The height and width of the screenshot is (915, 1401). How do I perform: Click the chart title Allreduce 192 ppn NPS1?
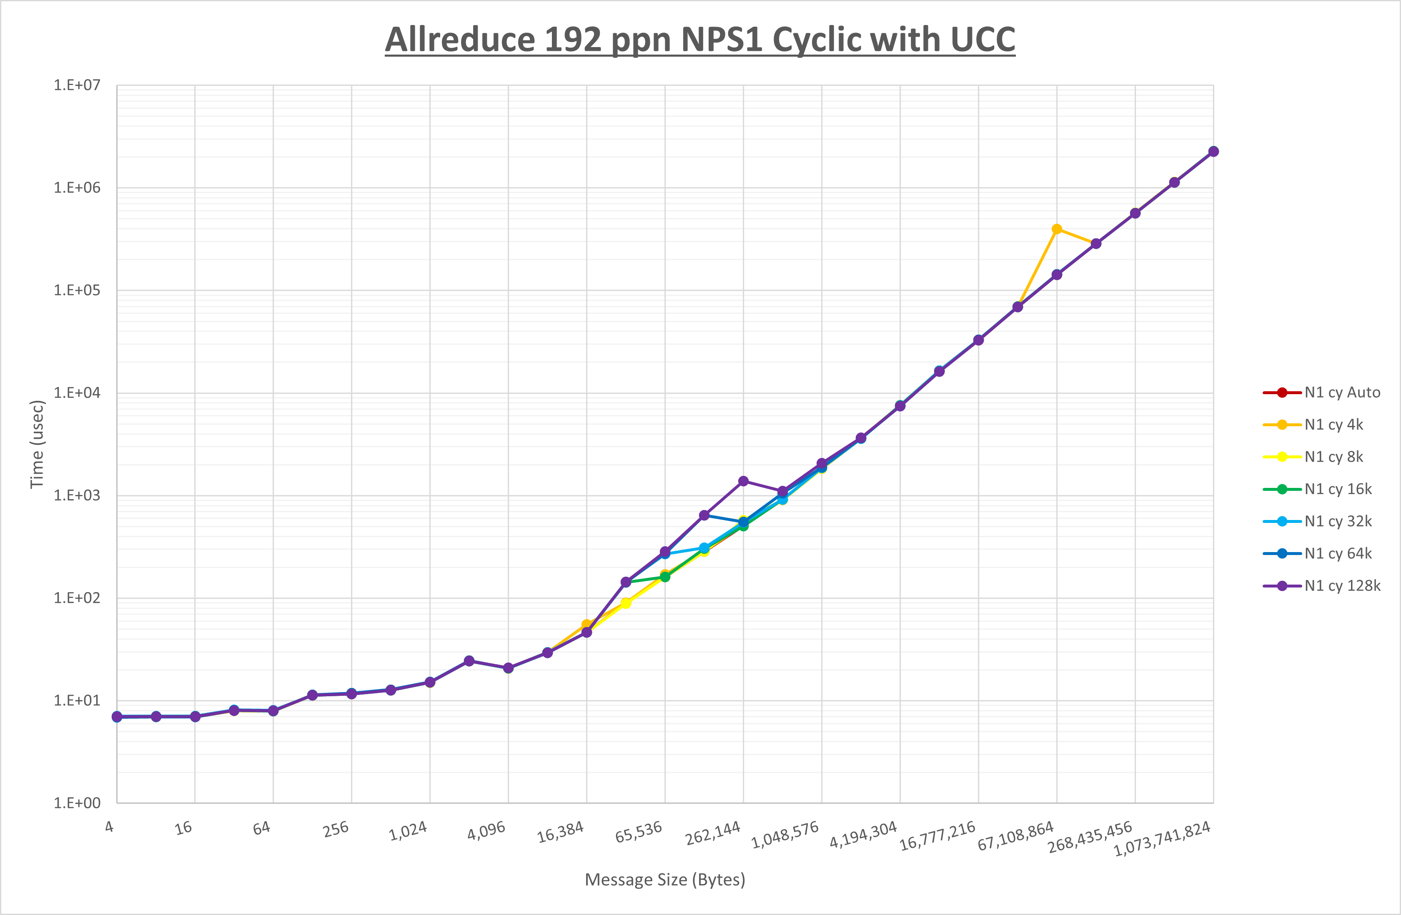tap(700, 40)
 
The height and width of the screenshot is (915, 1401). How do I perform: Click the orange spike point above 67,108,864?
tap(1057, 229)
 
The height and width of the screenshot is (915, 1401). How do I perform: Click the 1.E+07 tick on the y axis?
tap(77, 85)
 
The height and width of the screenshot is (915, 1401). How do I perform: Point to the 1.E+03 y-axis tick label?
tap(77, 495)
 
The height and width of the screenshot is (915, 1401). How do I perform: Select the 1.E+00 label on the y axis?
tap(77, 803)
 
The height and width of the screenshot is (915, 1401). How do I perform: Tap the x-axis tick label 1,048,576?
tap(786, 835)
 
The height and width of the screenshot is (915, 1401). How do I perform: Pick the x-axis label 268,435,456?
tap(1090, 838)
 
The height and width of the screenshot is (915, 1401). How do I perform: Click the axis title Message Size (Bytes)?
tap(664, 880)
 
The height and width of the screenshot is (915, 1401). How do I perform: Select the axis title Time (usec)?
tap(37, 444)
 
